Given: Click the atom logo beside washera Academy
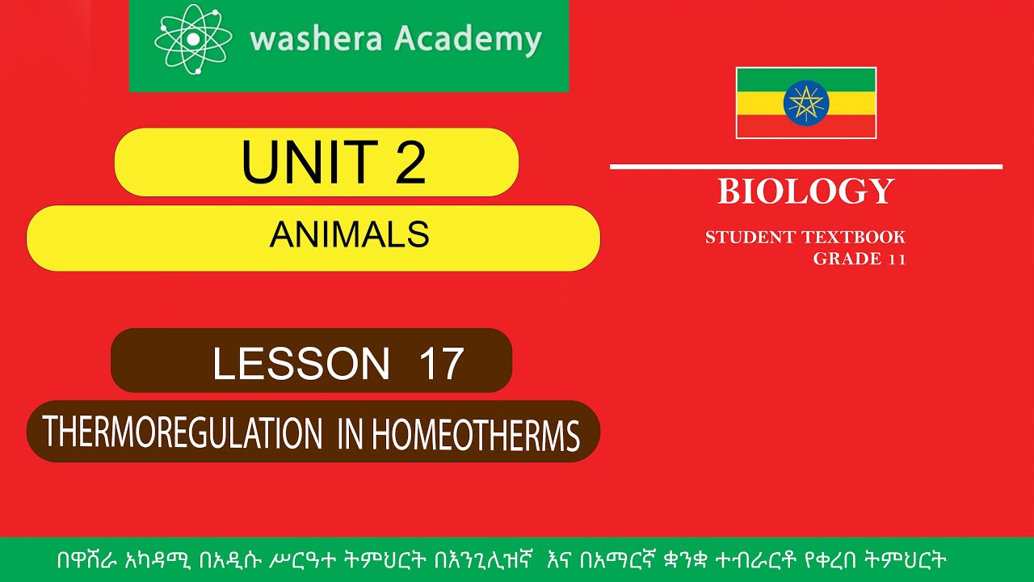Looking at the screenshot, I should (193, 39).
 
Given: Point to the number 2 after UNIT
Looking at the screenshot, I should (410, 162).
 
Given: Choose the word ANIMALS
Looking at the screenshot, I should (349, 234).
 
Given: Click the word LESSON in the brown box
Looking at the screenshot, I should (301, 364).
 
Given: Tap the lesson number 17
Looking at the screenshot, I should (441, 364).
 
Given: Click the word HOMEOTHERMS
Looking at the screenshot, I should (475, 436).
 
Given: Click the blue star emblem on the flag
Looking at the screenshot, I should (805, 103).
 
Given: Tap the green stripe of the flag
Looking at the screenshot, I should (759, 79).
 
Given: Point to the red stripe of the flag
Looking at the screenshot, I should (759, 126).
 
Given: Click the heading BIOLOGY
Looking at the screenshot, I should (805, 192).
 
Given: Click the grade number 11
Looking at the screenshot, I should (896, 259).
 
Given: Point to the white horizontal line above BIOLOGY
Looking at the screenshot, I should (805, 167).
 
